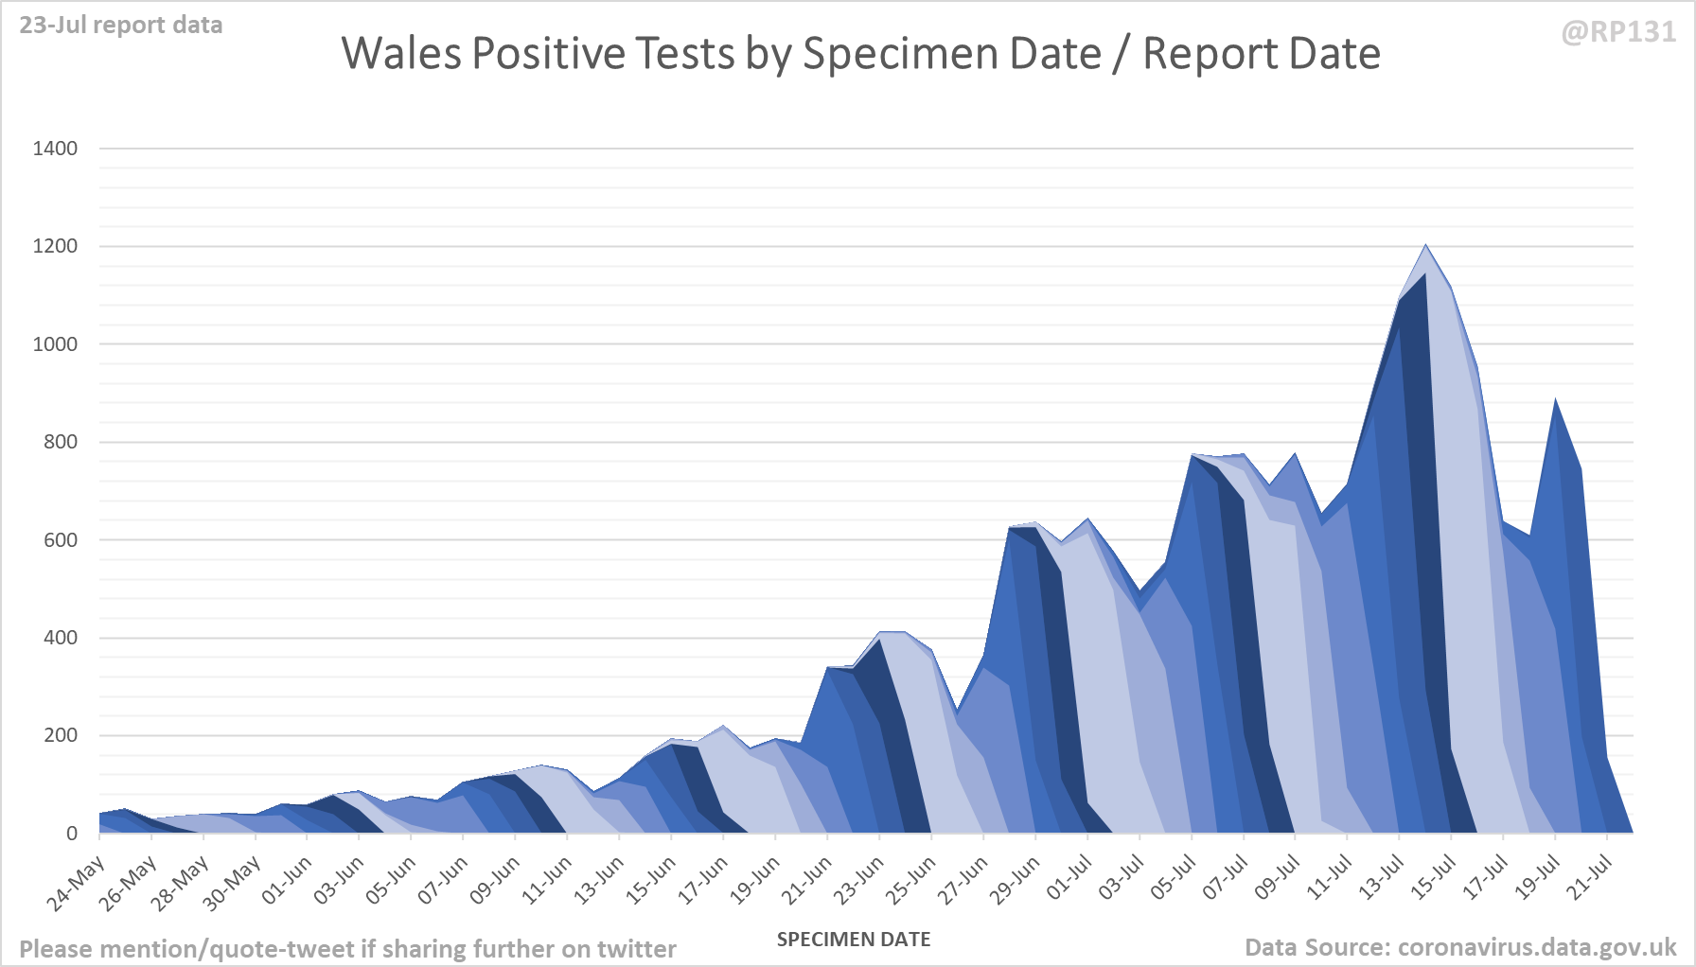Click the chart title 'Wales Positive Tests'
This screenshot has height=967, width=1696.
point(860,54)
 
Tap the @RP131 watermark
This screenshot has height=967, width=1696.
point(1618,32)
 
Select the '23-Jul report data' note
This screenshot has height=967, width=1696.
point(121,26)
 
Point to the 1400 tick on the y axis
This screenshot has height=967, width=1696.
point(55,149)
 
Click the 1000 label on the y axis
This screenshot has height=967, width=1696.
point(55,344)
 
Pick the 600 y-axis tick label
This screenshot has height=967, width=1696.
point(61,540)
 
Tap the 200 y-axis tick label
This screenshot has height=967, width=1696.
point(61,735)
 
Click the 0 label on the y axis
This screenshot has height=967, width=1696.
point(72,834)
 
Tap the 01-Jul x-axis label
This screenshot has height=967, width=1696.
point(1069,879)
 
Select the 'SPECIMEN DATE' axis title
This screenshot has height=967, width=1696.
point(854,940)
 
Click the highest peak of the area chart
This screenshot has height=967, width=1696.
point(1425,246)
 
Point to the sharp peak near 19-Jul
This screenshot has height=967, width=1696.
point(1555,401)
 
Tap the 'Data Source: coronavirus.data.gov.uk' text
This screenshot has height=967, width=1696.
point(1460,947)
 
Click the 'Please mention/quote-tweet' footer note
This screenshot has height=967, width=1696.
point(347,949)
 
